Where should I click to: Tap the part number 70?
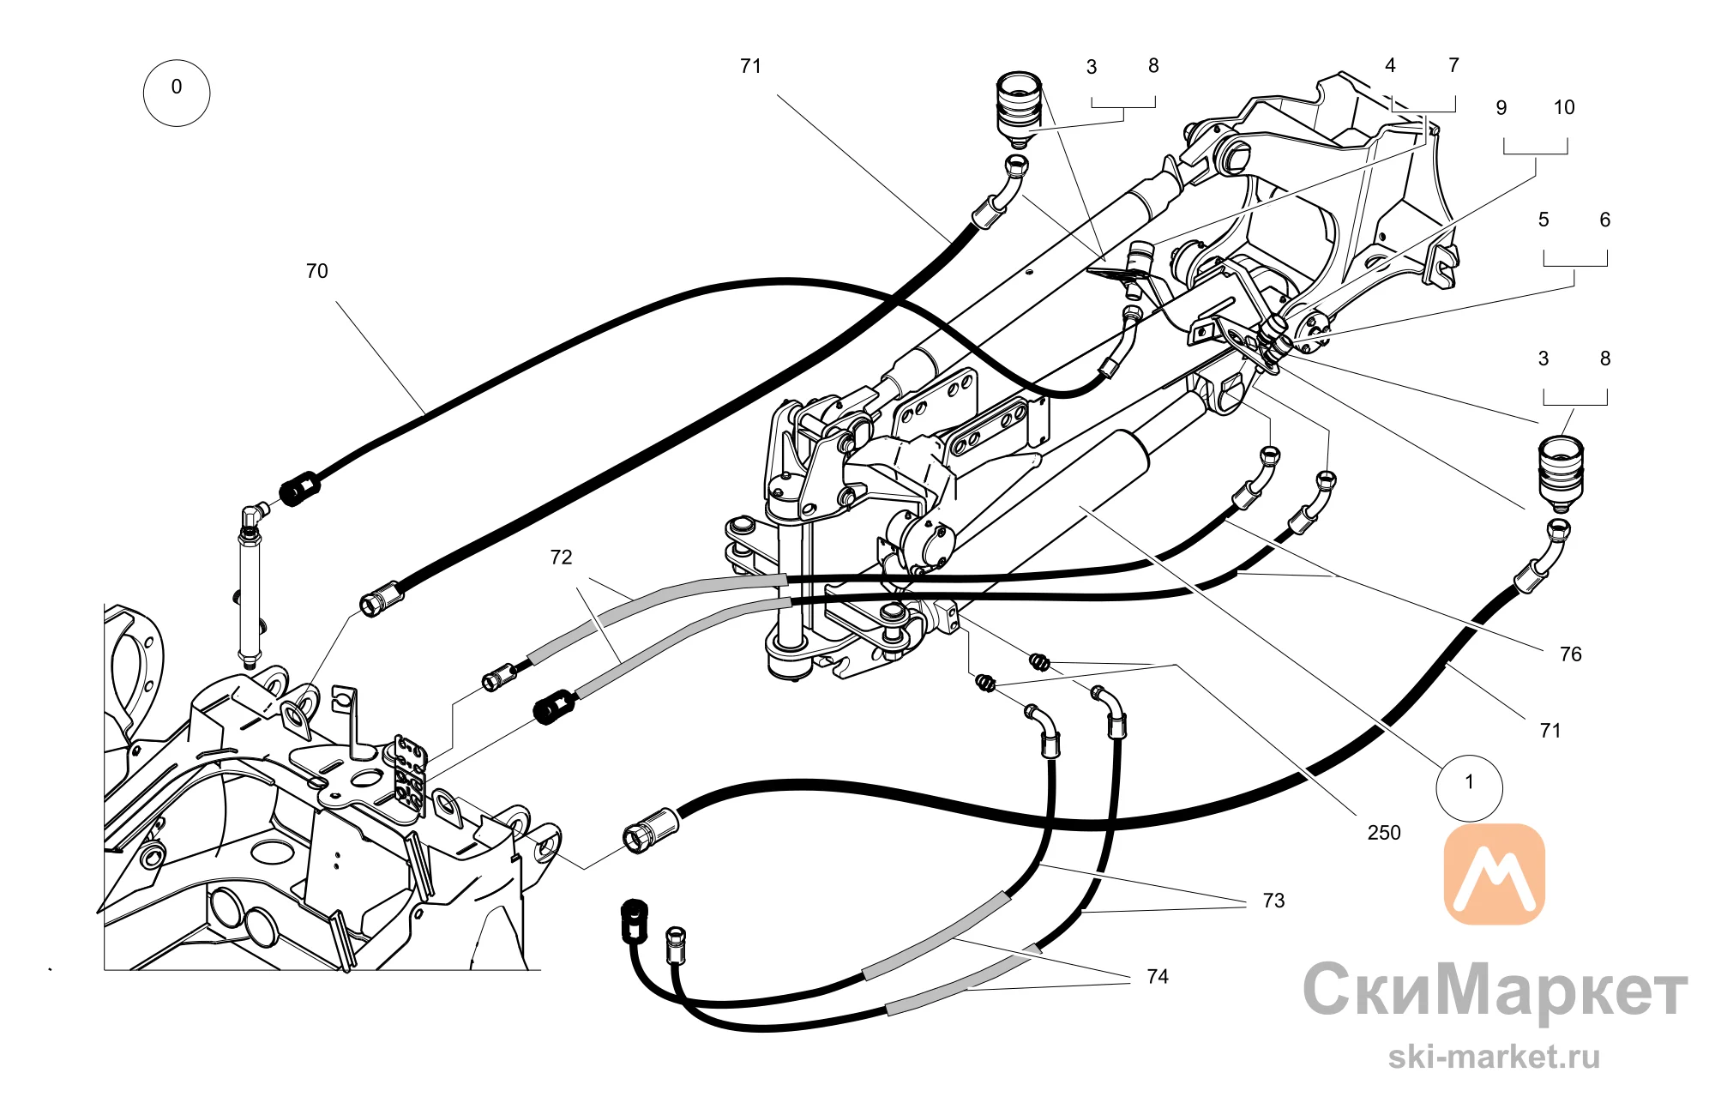(x=316, y=271)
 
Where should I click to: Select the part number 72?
(x=561, y=558)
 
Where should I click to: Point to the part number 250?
(x=1384, y=833)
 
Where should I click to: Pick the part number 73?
(x=1273, y=901)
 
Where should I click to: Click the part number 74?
(x=1158, y=977)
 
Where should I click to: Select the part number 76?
(x=1570, y=654)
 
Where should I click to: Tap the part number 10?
(x=1564, y=108)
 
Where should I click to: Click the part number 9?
(x=1501, y=108)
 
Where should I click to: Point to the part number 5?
(x=1543, y=220)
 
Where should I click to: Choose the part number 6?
(x=1605, y=220)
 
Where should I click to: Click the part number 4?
(x=1390, y=66)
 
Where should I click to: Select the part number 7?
(x=1453, y=66)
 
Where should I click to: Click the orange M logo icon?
(x=1495, y=874)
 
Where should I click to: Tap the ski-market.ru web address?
(x=1495, y=1056)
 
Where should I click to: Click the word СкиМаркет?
(x=1495, y=990)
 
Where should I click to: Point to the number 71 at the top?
(x=750, y=67)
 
